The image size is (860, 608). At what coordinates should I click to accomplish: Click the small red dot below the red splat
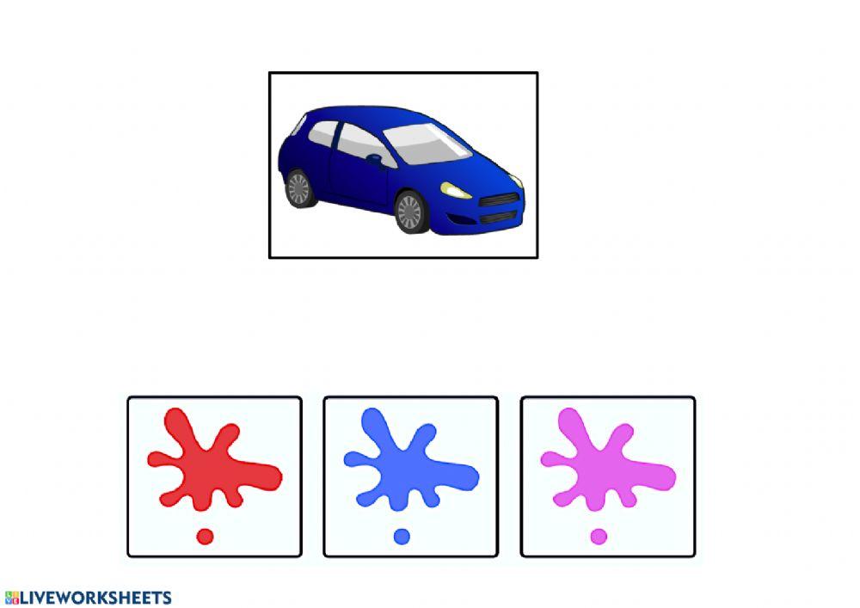pos(205,537)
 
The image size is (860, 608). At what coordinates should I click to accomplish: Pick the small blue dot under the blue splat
pos(402,537)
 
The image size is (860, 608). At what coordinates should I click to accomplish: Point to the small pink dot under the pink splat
pos(599,537)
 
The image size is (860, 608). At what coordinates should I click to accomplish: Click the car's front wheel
pos(409,212)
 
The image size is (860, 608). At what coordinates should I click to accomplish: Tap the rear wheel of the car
pos(298,188)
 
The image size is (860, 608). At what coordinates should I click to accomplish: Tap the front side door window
pos(359,143)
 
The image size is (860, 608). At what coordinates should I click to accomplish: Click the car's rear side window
pos(322,134)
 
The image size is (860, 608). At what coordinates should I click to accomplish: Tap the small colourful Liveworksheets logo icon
pos(11,598)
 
